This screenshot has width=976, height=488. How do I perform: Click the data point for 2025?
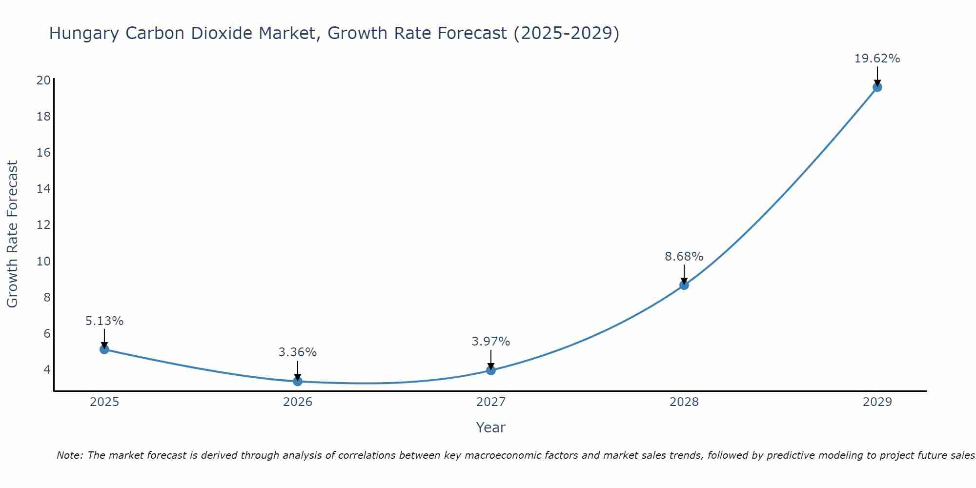point(104,349)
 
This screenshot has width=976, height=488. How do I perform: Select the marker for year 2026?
point(298,381)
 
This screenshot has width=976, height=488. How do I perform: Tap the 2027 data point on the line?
point(491,370)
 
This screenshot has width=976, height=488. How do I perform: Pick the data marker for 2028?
point(684,285)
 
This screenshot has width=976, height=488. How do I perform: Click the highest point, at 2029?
point(877,87)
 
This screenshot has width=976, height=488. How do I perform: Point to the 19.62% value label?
point(877,59)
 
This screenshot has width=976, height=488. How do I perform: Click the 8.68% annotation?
point(684,257)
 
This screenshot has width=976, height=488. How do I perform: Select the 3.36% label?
point(298,352)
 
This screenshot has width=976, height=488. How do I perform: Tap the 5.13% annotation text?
point(104,321)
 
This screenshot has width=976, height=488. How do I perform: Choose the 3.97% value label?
point(491,342)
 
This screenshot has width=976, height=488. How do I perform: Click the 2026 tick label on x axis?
point(298,402)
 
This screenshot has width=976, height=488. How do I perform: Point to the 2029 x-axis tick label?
point(877,402)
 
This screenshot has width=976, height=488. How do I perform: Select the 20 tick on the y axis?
point(43,81)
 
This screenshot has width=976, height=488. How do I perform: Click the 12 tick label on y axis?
point(43,225)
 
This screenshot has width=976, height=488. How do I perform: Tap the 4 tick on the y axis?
point(47,369)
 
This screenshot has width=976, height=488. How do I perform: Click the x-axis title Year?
point(490,427)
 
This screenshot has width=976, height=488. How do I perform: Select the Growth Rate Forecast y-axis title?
point(13,234)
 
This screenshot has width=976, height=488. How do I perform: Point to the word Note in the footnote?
point(70,455)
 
